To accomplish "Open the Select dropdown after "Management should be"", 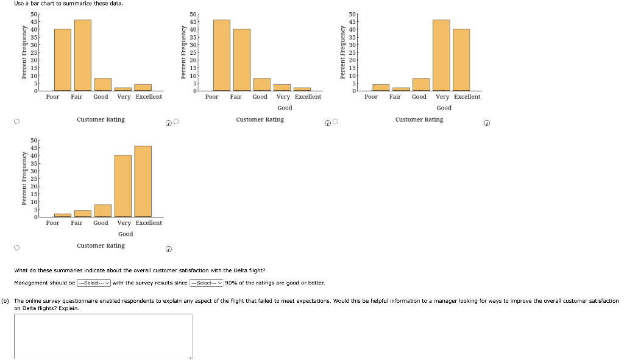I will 94,283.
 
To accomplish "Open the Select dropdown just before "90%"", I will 207,283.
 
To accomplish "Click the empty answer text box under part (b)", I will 103,336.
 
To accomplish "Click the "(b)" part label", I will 6,301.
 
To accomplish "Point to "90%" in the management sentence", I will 231,283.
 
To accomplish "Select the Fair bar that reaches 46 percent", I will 83,55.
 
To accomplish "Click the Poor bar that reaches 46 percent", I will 222,55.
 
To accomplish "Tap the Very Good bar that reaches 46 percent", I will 441,55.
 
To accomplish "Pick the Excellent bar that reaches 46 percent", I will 143,182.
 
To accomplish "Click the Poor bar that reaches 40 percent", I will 63,60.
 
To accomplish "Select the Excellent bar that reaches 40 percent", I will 461,60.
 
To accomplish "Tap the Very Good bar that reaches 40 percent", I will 123,186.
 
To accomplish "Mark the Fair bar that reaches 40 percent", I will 242,60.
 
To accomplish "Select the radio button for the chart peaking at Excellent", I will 17,247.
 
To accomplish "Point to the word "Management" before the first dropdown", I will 29,283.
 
